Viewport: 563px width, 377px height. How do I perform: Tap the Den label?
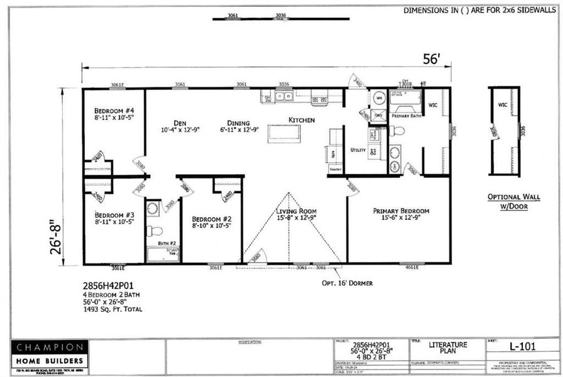tap(172, 123)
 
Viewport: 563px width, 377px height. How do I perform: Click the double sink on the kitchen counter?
tap(281, 97)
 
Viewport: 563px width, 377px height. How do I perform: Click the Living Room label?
tap(296, 211)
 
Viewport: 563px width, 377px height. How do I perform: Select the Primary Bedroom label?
tap(401, 211)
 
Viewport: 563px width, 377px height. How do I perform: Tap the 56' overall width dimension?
tap(432, 60)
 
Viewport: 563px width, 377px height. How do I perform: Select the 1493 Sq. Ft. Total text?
tap(112, 309)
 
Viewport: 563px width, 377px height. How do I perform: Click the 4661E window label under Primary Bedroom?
tap(412, 267)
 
